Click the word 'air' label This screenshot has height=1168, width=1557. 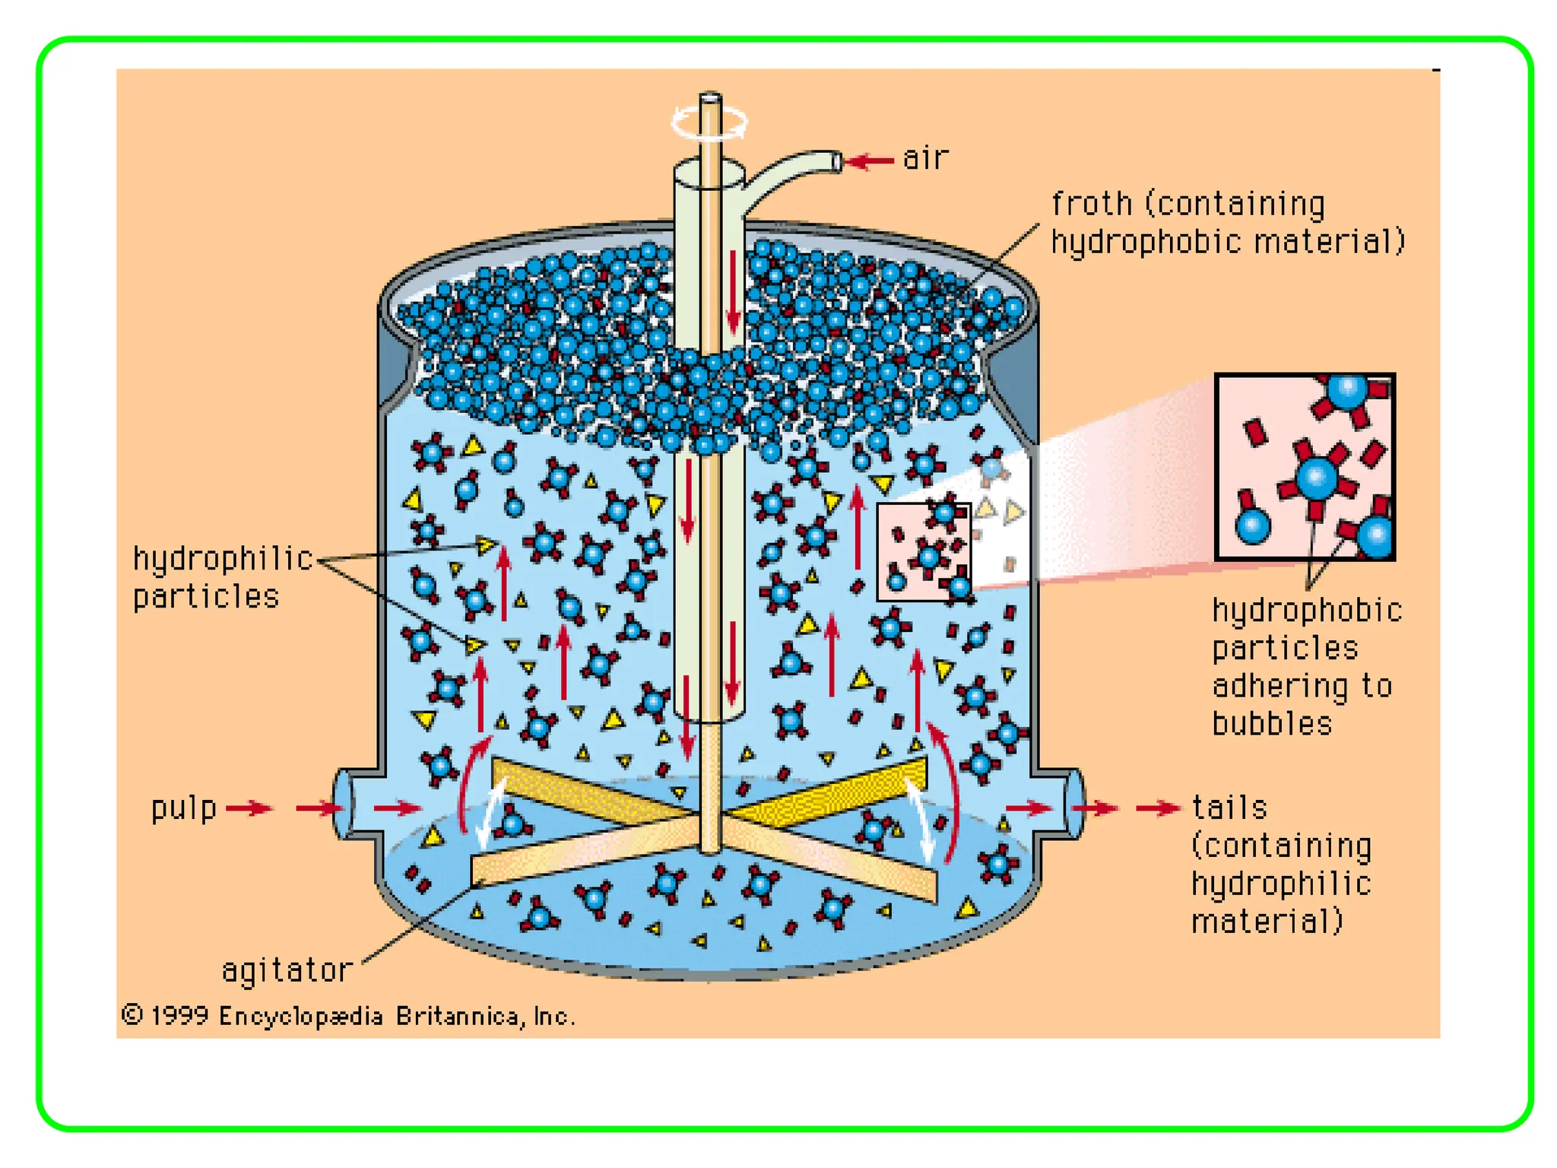coord(925,158)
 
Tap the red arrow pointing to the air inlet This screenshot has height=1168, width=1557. coord(870,161)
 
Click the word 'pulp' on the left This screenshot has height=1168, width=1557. coord(184,808)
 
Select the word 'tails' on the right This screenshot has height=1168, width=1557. coord(1229,808)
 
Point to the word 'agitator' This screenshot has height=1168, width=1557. coord(287,971)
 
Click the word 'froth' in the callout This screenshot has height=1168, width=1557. coord(1092,204)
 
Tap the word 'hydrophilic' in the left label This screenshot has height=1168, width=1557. coord(223,559)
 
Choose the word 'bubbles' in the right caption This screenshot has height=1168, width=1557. coord(1272,724)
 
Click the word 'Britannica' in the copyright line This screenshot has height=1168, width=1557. coord(459,1016)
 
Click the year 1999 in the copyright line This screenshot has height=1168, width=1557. coord(179,1016)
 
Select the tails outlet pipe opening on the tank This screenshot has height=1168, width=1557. coord(1075,805)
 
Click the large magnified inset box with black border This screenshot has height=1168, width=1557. coord(1305,467)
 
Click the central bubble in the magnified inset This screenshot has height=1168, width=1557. coord(1316,477)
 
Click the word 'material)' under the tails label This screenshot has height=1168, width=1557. coord(1267,922)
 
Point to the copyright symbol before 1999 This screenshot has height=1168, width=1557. coord(132,1015)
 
